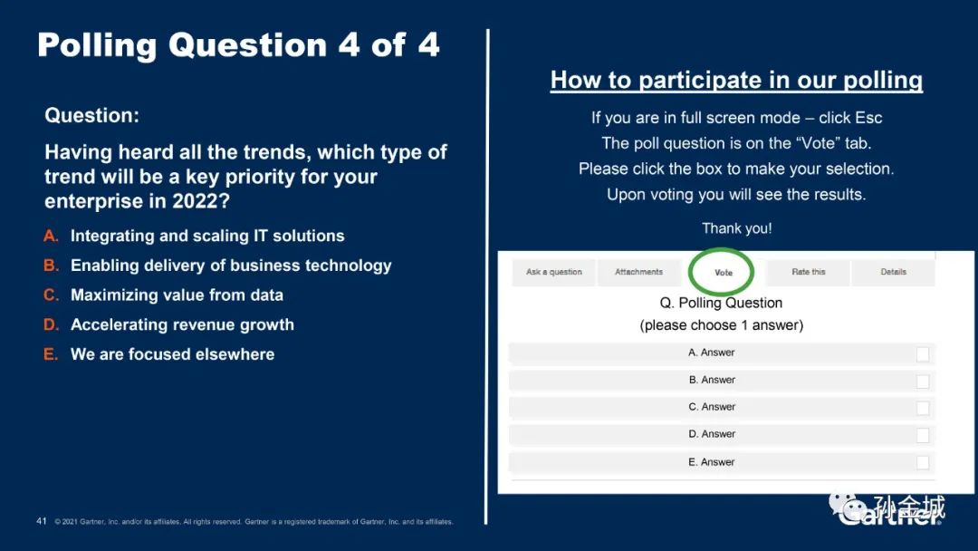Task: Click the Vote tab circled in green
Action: pos(723,273)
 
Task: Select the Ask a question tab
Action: pos(554,272)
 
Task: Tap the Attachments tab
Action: pos(638,272)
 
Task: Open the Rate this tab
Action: pos(809,272)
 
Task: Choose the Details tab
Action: pos(893,272)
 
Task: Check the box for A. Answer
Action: pos(923,354)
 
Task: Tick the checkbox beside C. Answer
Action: pos(923,408)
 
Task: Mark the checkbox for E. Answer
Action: pos(923,462)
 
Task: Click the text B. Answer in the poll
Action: pos(712,380)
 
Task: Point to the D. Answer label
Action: pos(712,434)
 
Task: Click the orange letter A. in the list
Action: pos(51,236)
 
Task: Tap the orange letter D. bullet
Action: pos(51,324)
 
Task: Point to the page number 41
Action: pos(42,521)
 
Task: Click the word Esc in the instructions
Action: pos(868,118)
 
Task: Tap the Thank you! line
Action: pos(736,228)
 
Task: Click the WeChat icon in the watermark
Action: pos(847,507)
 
